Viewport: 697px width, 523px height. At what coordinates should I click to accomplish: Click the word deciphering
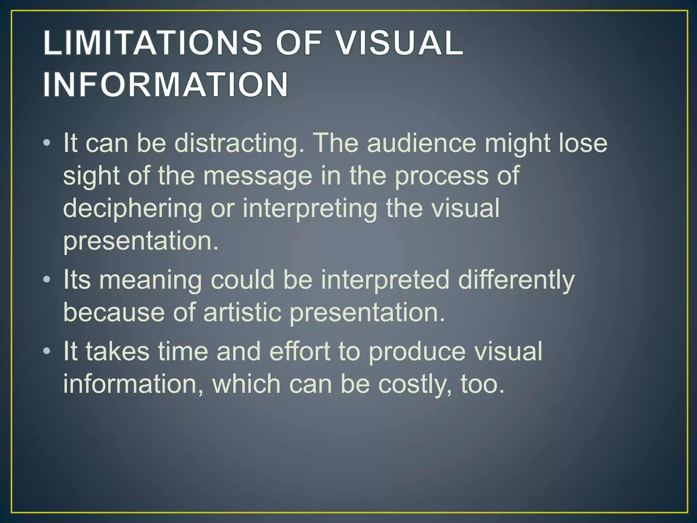[133, 209]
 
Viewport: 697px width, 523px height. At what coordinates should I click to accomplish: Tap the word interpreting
[310, 209]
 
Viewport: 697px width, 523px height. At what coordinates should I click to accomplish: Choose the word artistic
[242, 313]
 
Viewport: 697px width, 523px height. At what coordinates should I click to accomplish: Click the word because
[114, 313]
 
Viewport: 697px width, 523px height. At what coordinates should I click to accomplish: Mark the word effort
[300, 351]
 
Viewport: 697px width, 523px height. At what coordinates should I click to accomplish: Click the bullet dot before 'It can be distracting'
[47, 143]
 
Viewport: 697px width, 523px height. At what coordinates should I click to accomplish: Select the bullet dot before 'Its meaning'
[47, 280]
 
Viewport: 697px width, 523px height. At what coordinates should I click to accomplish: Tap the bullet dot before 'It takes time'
[47, 351]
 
